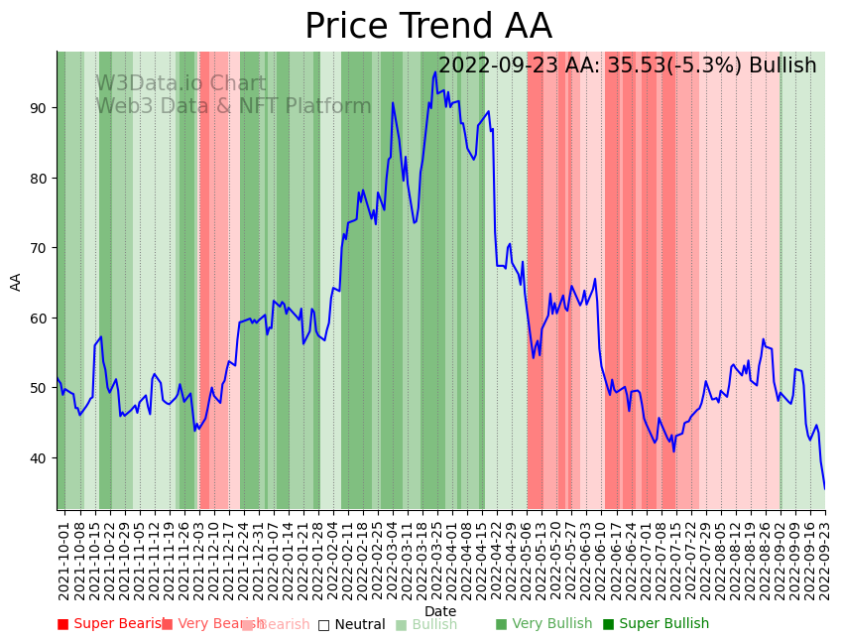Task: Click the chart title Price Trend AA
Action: point(427,27)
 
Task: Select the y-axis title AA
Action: point(16,281)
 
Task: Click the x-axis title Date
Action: point(440,611)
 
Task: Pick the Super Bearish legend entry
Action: point(111,624)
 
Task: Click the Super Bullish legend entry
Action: point(656,624)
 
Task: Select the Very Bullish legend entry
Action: point(543,624)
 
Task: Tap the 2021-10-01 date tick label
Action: point(63,556)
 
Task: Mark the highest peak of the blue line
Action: point(435,72)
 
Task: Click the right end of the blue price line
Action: point(824,487)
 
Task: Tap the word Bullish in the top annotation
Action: point(782,66)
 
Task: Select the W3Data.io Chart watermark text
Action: point(180,84)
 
